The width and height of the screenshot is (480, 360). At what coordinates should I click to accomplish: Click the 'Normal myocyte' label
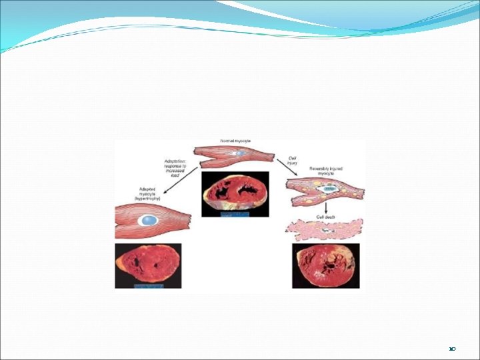(x=236, y=141)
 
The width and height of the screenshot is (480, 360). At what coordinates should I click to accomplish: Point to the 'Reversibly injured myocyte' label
(x=325, y=172)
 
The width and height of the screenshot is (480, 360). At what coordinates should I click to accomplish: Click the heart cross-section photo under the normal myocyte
(x=235, y=194)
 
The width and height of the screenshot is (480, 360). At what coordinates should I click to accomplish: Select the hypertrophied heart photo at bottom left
(x=148, y=265)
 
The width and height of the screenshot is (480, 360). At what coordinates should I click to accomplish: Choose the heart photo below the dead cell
(x=325, y=265)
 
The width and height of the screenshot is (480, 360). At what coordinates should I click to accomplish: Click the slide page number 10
(x=451, y=349)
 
